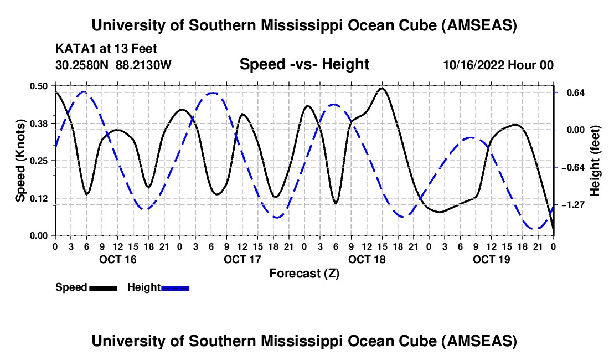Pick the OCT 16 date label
(117, 259)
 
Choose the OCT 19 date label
(491, 259)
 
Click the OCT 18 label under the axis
(367, 259)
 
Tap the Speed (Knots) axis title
(20, 161)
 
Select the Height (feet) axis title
(595, 161)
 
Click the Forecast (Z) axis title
(304, 273)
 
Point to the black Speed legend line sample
(103, 287)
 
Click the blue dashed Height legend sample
(176, 287)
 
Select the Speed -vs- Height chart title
(304, 64)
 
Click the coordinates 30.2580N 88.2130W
(113, 65)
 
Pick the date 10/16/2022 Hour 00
(498, 65)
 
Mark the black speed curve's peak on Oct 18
(382, 88)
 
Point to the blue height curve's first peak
(83, 92)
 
